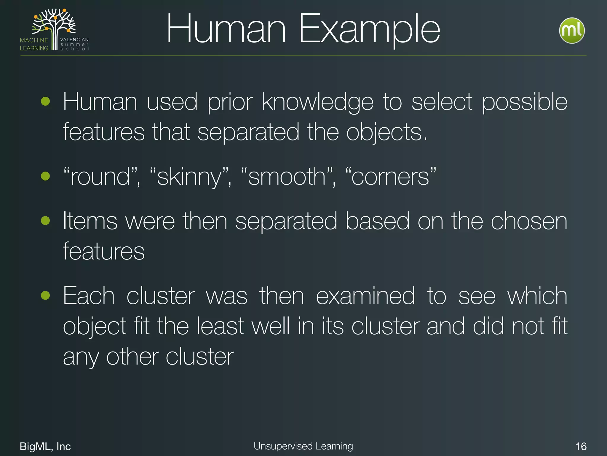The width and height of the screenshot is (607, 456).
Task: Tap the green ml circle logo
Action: pos(572,31)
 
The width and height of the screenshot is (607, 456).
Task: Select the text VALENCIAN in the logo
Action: pos(74,39)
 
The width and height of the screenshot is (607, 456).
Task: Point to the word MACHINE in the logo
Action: pos(34,40)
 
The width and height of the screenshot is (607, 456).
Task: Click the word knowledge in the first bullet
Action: pos(317,102)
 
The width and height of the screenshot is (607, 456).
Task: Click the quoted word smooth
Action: pos(287,177)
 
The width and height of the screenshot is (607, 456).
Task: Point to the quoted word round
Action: pos(100,177)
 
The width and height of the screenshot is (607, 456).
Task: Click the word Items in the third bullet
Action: pos(90,221)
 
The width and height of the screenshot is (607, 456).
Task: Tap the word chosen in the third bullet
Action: pos(529,221)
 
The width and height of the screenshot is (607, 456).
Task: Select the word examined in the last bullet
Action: pos(365,296)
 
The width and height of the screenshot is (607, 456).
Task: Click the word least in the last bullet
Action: pos(220,326)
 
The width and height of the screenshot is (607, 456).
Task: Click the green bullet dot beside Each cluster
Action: pos(45,295)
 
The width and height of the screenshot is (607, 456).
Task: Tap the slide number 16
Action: pos(581,446)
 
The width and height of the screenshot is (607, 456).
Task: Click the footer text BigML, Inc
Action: pos(45,446)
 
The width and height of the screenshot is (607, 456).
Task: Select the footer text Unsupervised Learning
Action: pos(303,446)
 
